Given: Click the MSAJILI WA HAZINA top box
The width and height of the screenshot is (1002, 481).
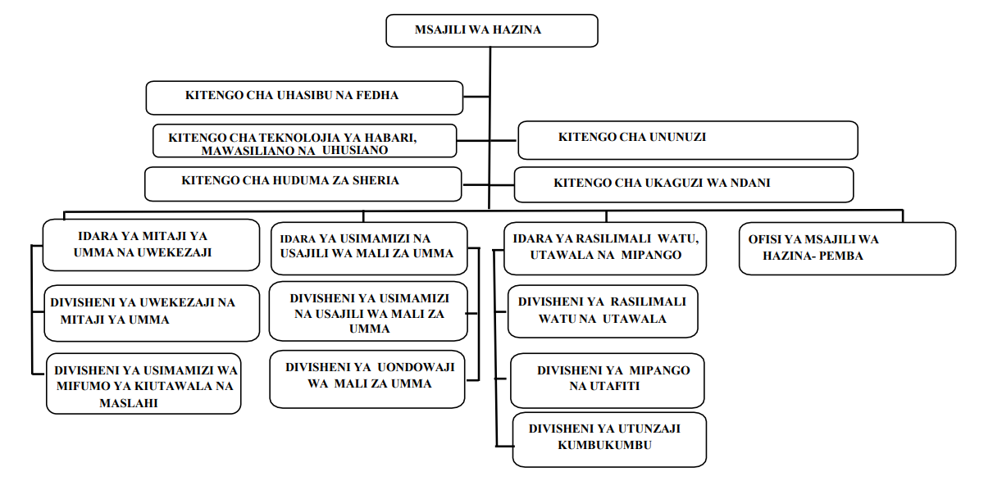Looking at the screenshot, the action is click(492, 30).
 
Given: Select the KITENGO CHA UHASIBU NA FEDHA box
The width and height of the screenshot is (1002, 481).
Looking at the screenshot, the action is click(304, 98).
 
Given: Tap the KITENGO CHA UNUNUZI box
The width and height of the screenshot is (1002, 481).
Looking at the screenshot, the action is click(687, 140).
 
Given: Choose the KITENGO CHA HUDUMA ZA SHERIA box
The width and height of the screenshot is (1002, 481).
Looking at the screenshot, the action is click(303, 184).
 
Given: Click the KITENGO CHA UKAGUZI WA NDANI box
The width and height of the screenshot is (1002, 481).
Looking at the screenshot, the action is click(684, 184).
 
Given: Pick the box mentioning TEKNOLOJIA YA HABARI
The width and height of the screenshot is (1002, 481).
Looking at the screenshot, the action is click(305, 141).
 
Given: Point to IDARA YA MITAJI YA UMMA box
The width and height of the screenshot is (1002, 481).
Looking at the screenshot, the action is click(151, 244).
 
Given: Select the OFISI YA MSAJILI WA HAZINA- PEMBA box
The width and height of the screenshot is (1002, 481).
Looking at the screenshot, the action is click(847, 248).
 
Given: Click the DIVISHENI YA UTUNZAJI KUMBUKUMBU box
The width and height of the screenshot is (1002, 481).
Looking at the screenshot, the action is click(609, 440).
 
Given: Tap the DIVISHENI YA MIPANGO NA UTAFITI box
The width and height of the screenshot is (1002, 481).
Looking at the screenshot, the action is click(607, 380).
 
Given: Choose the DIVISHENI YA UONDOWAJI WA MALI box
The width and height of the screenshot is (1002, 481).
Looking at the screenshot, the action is click(367, 379).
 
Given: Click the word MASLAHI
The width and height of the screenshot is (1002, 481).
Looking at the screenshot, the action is click(129, 403).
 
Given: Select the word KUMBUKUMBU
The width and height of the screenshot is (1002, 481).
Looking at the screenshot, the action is click(604, 445).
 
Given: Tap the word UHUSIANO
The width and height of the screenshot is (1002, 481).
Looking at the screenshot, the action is click(355, 150).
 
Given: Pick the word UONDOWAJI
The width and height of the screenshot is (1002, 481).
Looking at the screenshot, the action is click(416, 367).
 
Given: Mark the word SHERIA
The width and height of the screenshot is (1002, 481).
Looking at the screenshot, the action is click(376, 180).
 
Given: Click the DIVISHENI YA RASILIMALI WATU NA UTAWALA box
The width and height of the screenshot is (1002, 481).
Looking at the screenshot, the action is click(603, 311).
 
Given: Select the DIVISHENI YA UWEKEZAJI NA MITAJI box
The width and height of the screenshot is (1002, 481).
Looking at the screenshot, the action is click(152, 313).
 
